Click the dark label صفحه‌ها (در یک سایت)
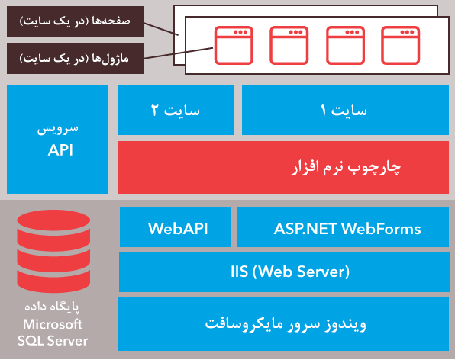tap(75, 21)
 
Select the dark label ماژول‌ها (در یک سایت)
tap(75, 59)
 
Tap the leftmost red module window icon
tap(234, 45)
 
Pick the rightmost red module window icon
tap(401, 45)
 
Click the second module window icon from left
tap(289, 45)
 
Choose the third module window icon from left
tap(345, 45)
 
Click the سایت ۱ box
tap(345, 110)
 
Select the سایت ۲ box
tap(176, 110)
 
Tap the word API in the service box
tap(60, 150)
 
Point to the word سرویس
tap(58, 129)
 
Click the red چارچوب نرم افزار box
tap(283, 168)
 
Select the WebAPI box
tap(176, 227)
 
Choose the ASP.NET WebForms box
tap(344, 227)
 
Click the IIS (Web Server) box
tap(284, 272)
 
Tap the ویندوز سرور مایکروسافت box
tap(284, 324)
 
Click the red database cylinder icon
tap(53, 251)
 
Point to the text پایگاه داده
tap(52, 307)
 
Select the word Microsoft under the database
tap(53, 324)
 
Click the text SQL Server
tap(53, 341)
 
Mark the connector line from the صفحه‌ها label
tap(161, 29)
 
